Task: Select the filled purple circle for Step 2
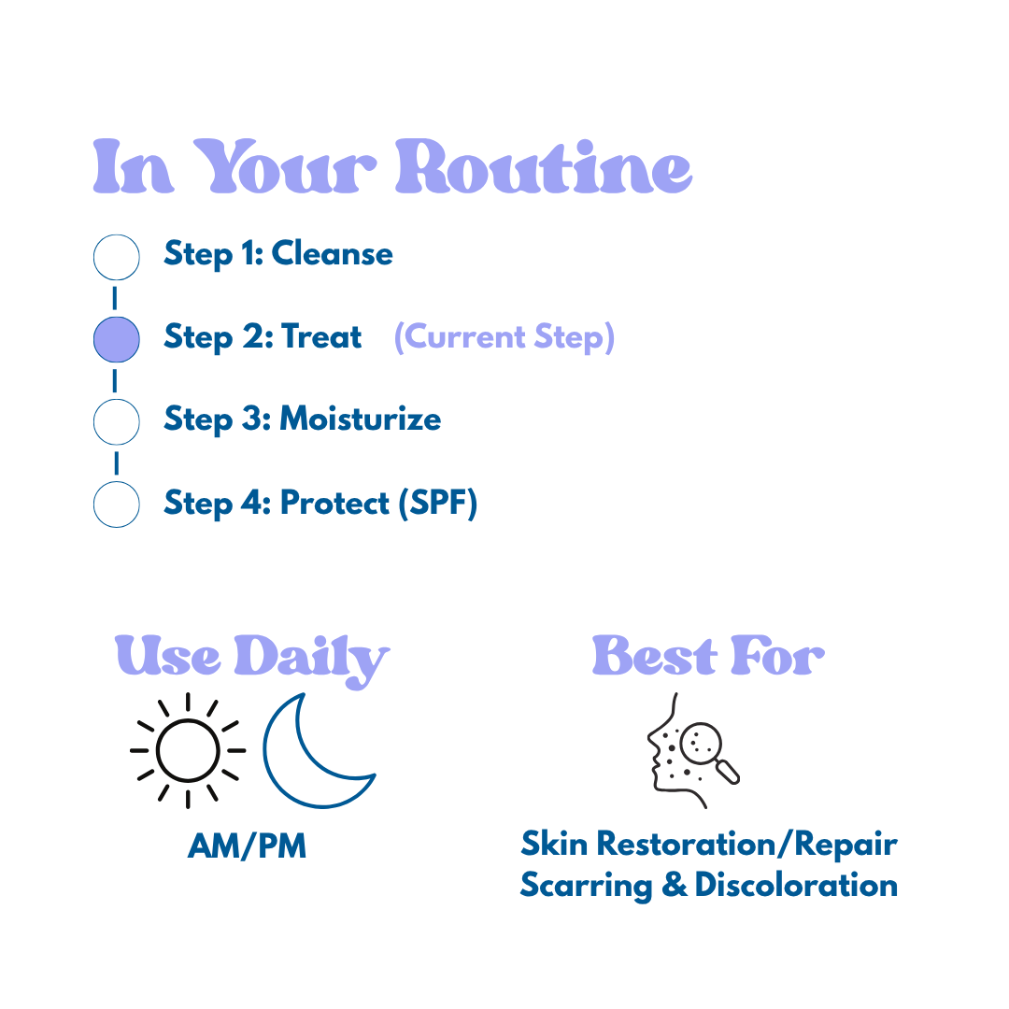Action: tap(117, 339)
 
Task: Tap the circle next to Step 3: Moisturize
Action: tap(117, 421)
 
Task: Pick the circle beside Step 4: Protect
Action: tap(117, 504)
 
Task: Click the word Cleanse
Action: tap(332, 254)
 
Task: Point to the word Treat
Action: tap(320, 336)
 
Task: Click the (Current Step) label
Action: tap(504, 337)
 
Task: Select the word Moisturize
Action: tap(360, 419)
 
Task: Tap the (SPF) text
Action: tap(437, 504)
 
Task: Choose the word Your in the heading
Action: tap(290, 168)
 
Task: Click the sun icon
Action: tap(187, 750)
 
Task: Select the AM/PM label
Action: tap(247, 846)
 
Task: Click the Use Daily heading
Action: tap(252, 659)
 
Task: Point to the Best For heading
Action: tap(708, 657)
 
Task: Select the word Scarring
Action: tap(586, 885)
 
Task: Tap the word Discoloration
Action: tap(796, 885)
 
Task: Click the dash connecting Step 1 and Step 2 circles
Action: tap(116, 298)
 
